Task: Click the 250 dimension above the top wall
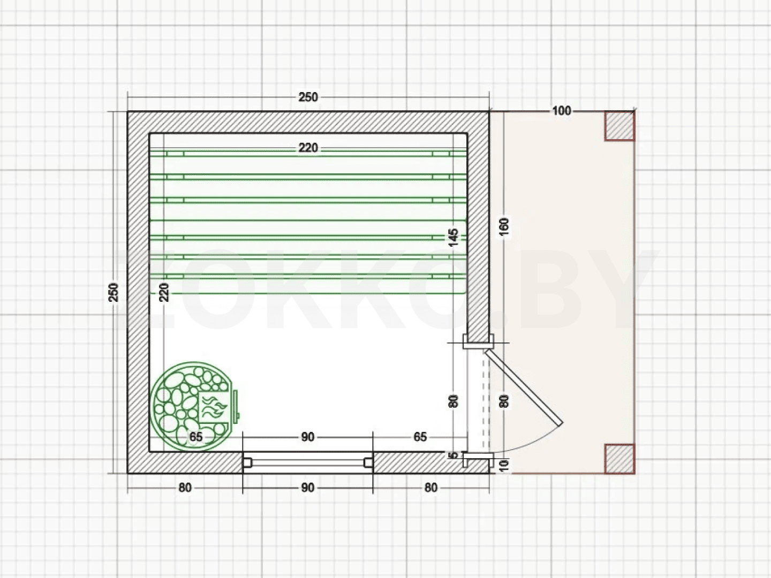(308, 97)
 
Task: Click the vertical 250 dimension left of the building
(114, 292)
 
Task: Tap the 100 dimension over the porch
(562, 111)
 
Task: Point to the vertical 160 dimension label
(504, 227)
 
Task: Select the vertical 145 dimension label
(453, 238)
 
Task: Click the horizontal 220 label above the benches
(308, 148)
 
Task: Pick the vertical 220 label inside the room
(164, 292)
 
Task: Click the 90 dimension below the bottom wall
(307, 488)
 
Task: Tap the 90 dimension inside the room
(307, 437)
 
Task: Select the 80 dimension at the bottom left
(185, 488)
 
